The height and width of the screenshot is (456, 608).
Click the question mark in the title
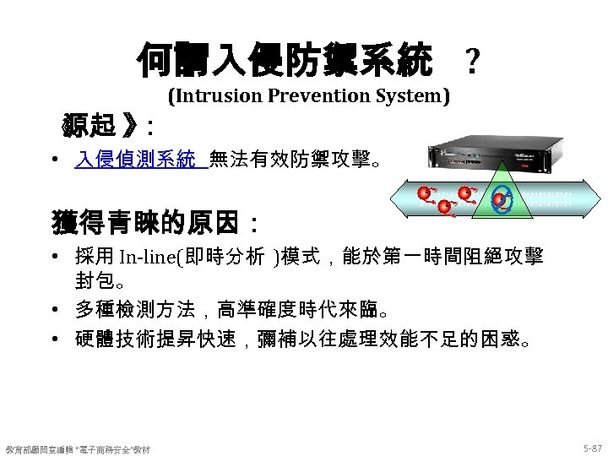tap(474, 61)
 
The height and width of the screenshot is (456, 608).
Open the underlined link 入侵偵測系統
tap(136, 158)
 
